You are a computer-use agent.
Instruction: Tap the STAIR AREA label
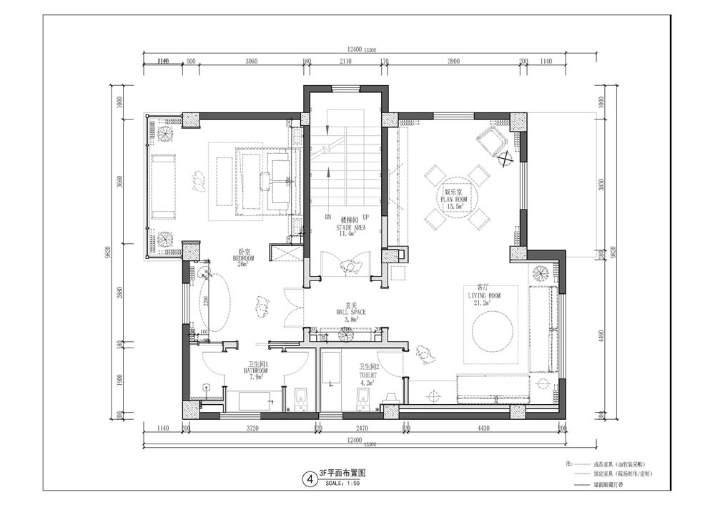coord(350,227)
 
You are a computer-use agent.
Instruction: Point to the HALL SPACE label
coord(350,313)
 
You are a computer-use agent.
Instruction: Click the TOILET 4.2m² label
coord(369,373)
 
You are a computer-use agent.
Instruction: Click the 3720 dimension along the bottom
coord(251,428)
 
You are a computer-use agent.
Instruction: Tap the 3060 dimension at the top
coord(251,62)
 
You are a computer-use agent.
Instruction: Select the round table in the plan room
coord(455,197)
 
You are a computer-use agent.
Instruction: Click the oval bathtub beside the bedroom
coord(212,303)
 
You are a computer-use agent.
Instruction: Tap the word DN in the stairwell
coord(329,217)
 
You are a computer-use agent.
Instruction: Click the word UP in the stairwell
coord(365,217)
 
